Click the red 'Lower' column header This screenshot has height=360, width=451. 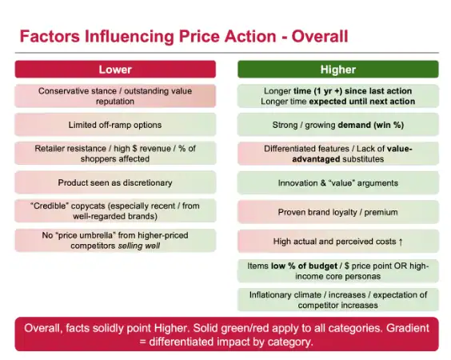pos(114,70)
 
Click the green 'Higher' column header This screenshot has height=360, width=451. pos(337,70)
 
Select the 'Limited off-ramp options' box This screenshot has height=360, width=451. pos(114,125)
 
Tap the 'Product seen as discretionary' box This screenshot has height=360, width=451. pos(114,182)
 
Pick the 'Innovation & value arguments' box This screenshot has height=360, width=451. pos(337,183)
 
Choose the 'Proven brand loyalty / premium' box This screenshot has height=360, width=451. pos(337,212)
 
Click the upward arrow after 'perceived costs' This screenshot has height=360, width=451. pos(400,242)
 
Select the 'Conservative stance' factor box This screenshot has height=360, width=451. pos(114,96)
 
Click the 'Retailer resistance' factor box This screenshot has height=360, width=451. pos(114,154)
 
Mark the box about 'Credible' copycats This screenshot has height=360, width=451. pos(114,211)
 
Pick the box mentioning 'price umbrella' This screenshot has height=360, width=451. pos(114,240)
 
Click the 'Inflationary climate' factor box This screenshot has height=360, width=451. pos(337,299)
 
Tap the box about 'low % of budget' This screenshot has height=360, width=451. pos(337,270)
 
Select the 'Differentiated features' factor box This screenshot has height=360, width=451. pos(337,154)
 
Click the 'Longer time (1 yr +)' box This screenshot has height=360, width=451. pos(337,96)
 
